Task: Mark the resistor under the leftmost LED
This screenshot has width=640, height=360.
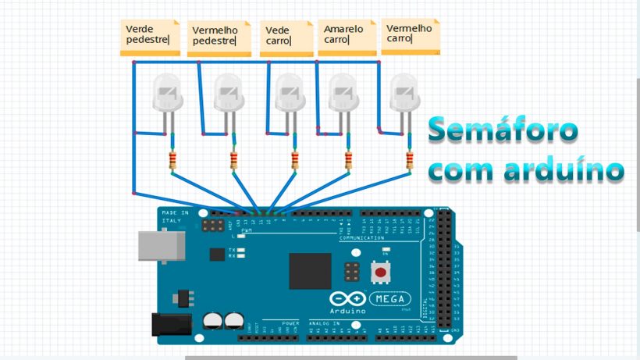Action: click(173, 161)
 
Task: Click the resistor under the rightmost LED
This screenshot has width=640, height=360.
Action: click(410, 161)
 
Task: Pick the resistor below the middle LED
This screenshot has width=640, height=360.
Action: click(295, 161)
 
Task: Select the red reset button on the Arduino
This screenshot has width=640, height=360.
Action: click(381, 273)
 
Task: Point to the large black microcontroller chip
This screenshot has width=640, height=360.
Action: click(310, 271)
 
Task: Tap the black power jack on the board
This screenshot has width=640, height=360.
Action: click(170, 324)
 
